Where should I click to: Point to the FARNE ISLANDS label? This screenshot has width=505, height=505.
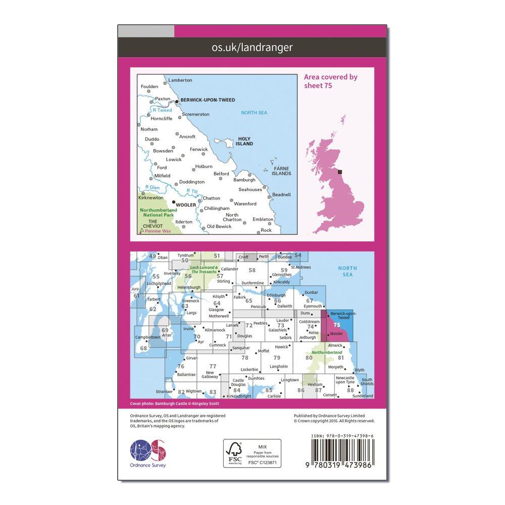(281, 171)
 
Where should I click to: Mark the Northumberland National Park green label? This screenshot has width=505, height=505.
(157, 212)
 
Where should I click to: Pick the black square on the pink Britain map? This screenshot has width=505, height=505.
(340, 172)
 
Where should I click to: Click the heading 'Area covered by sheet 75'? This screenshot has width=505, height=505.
(330, 81)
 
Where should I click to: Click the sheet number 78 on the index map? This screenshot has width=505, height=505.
(245, 357)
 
